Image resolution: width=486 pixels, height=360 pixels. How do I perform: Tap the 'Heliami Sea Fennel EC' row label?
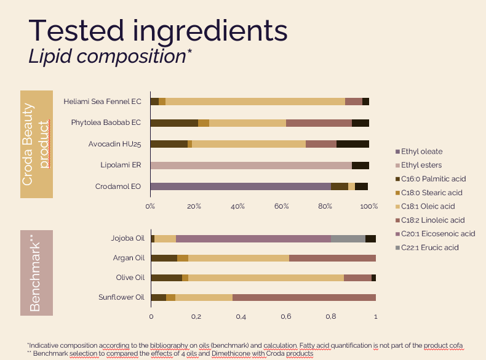[x=102, y=102]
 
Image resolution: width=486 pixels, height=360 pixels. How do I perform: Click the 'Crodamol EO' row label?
[x=118, y=186]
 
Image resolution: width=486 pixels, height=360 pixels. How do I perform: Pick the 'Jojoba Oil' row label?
[x=127, y=239]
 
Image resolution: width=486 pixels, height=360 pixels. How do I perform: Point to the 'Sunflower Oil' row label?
[x=121, y=298]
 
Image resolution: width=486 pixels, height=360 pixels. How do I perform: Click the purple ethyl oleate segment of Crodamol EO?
[x=240, y=186]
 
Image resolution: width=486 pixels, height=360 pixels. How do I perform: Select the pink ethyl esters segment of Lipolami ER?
[x=250, y=166]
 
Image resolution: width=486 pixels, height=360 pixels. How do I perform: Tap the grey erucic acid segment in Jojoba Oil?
[x=348, y=239]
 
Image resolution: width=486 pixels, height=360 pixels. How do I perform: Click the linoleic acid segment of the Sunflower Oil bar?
[x=304, y=298]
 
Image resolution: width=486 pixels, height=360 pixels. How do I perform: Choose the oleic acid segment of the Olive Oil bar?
[x=266, y=278]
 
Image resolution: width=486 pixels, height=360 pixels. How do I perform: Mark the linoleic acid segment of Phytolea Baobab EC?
[x=319, y=123]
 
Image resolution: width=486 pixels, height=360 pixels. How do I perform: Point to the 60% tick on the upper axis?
[x=282, y=206]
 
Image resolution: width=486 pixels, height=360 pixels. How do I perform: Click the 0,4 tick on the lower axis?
[x=241, y=316]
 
